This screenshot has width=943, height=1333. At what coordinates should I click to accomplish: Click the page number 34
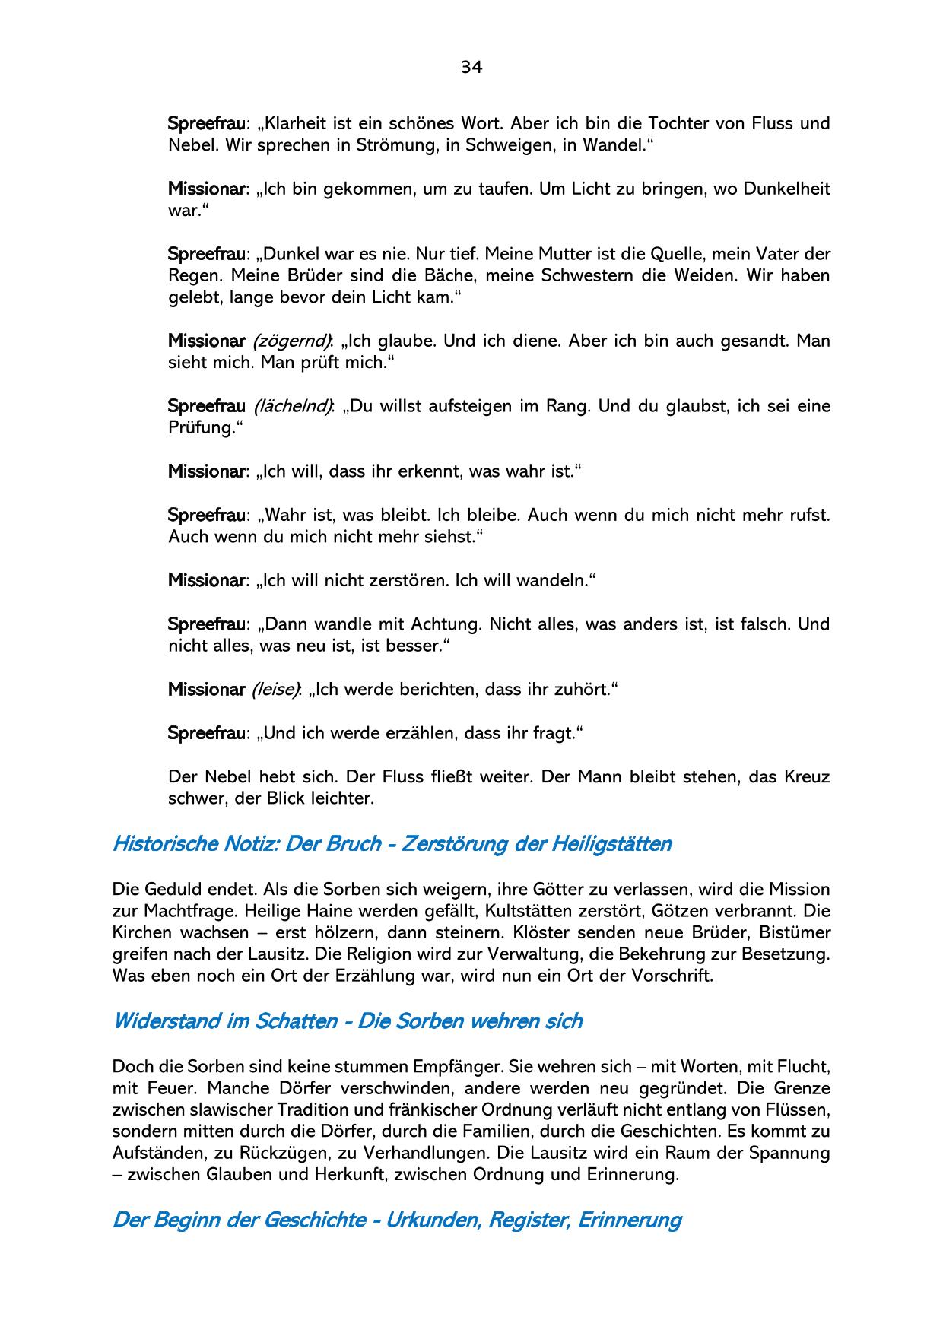(x=471, y=68)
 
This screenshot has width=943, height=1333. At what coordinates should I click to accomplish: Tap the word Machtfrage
(x=181, y=911)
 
